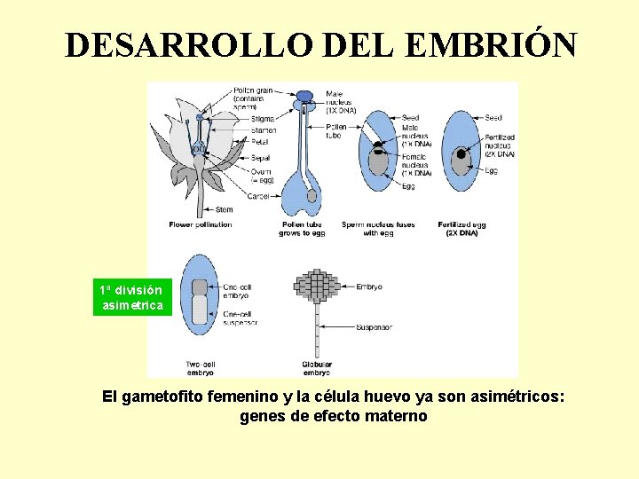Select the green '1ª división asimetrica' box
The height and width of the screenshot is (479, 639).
(131, 298)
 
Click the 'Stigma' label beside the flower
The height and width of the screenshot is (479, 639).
(262, 118)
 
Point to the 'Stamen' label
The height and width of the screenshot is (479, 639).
(263, 130)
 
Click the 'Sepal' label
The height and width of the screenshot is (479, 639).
(260, 158)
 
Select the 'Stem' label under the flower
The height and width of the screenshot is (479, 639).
(225, 210)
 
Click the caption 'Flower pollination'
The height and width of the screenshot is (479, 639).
(201, 224)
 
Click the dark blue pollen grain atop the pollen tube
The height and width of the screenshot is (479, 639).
(305, 96)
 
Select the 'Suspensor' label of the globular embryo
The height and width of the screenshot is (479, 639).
(374, 327)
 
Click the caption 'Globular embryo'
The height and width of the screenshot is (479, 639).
(317, 367)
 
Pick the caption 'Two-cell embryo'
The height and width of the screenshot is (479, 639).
(200, 367)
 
